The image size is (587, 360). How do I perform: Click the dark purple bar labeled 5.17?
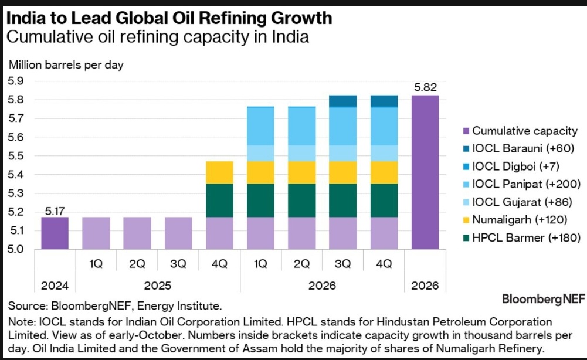point(55,233)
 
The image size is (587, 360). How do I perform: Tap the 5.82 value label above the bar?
point(425,87)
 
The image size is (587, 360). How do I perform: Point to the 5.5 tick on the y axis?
point(16,156)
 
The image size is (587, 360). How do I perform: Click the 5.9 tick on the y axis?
point(16,81)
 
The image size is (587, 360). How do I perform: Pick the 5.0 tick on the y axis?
point(16,249)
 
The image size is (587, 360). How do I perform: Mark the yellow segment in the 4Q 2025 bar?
point(220,172)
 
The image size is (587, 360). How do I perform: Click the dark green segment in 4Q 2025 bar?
point(220,200)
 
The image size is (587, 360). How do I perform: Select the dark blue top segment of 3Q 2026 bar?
point(343,101)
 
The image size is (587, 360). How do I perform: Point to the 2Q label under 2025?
point(137,264)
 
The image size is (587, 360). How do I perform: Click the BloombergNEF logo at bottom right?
point(543,299)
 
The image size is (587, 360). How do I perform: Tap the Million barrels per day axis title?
point(65,64)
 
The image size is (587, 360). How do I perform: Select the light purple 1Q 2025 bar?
point(96,233)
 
